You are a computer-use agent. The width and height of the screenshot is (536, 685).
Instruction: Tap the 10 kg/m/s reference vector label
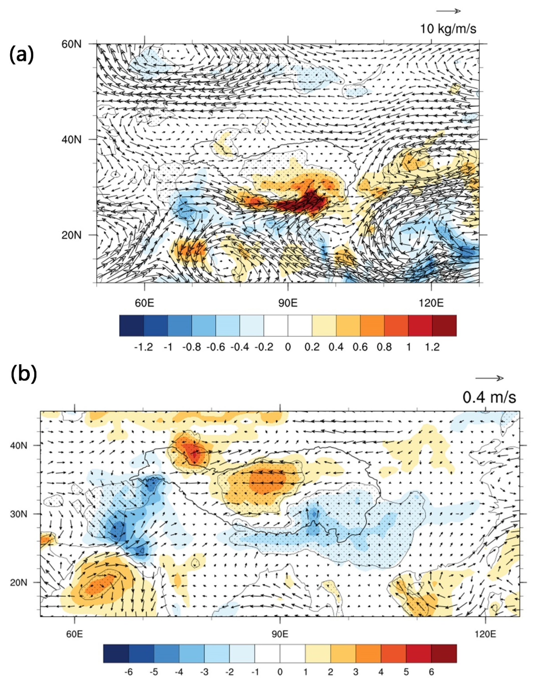point(448,29)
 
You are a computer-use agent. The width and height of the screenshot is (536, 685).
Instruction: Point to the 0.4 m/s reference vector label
point(489,397)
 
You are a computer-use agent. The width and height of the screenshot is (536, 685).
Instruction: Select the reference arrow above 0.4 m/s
point(489,378)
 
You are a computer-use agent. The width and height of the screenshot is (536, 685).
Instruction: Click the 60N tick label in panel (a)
point(72,44)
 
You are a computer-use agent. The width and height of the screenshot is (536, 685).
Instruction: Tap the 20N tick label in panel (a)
point(72,235)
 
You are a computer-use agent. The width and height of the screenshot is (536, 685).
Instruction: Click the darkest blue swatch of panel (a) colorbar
point(131,326)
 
